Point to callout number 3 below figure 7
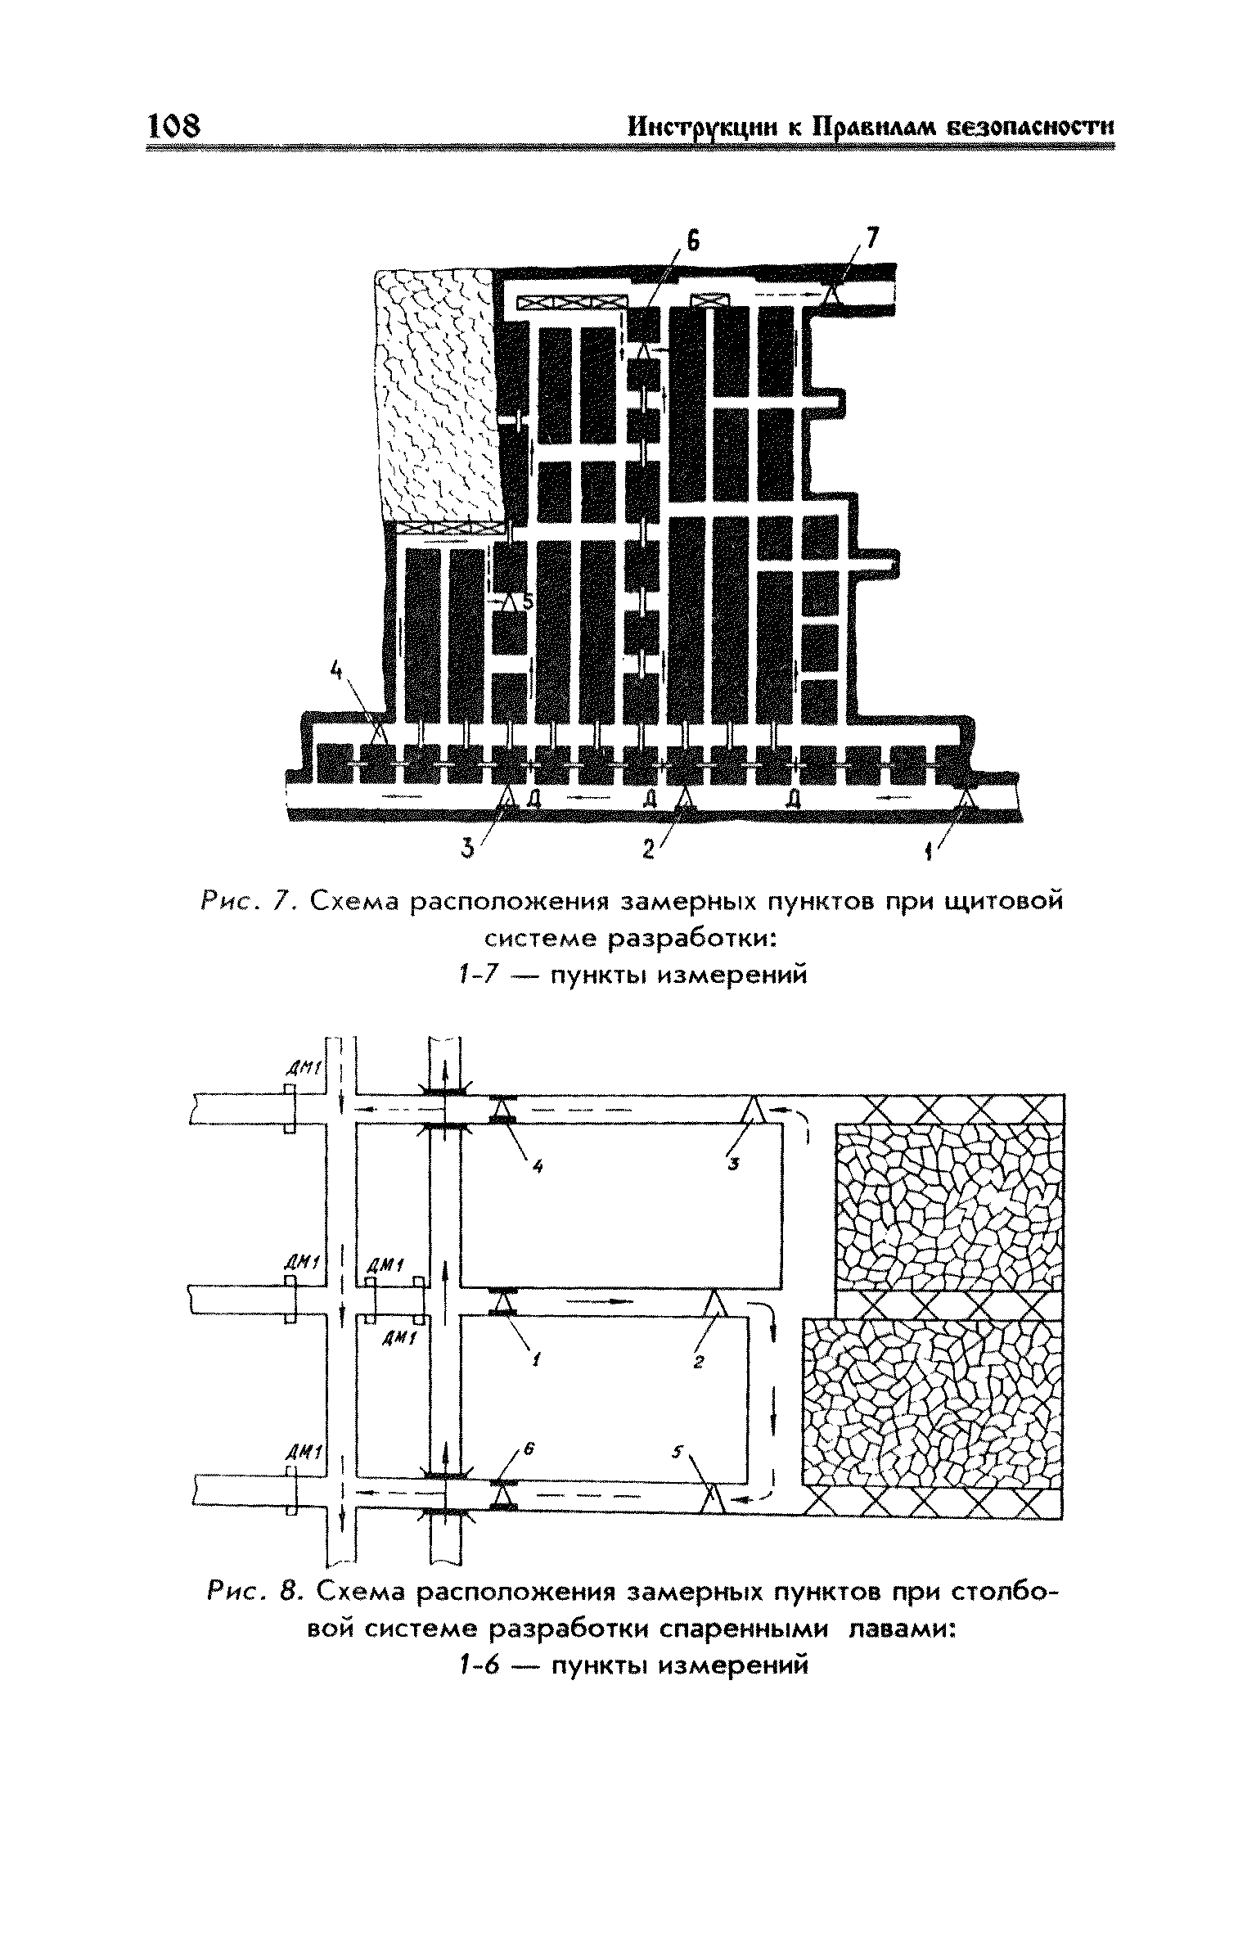(x=467, y=849)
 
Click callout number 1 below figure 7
(x=929, y=851)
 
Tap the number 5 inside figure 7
(x=527, y=602)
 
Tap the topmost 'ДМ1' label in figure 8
(x=313, y=1068)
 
